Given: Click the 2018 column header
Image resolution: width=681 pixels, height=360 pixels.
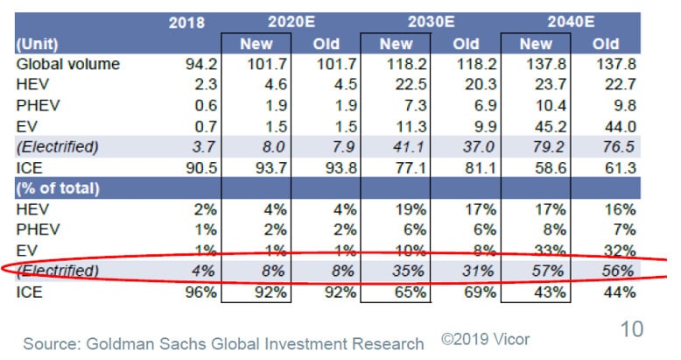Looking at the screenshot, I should [186, 23].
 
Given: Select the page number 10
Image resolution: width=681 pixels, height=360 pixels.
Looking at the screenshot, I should [631, 329].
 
